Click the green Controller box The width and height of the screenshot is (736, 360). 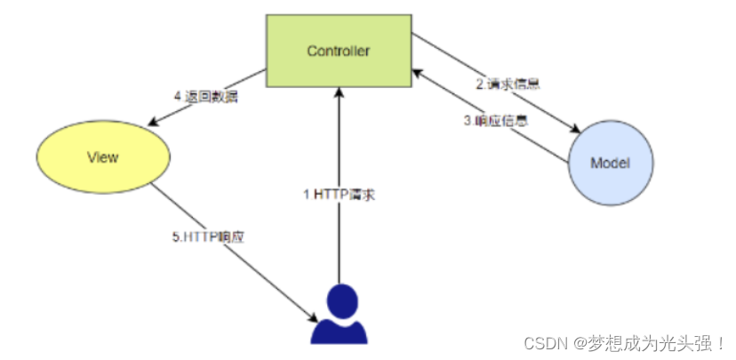(338, 50)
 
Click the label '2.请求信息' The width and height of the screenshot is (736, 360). (508, 84)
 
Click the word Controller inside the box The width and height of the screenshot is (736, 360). (338, 51)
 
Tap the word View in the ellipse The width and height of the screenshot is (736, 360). (103, 157)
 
